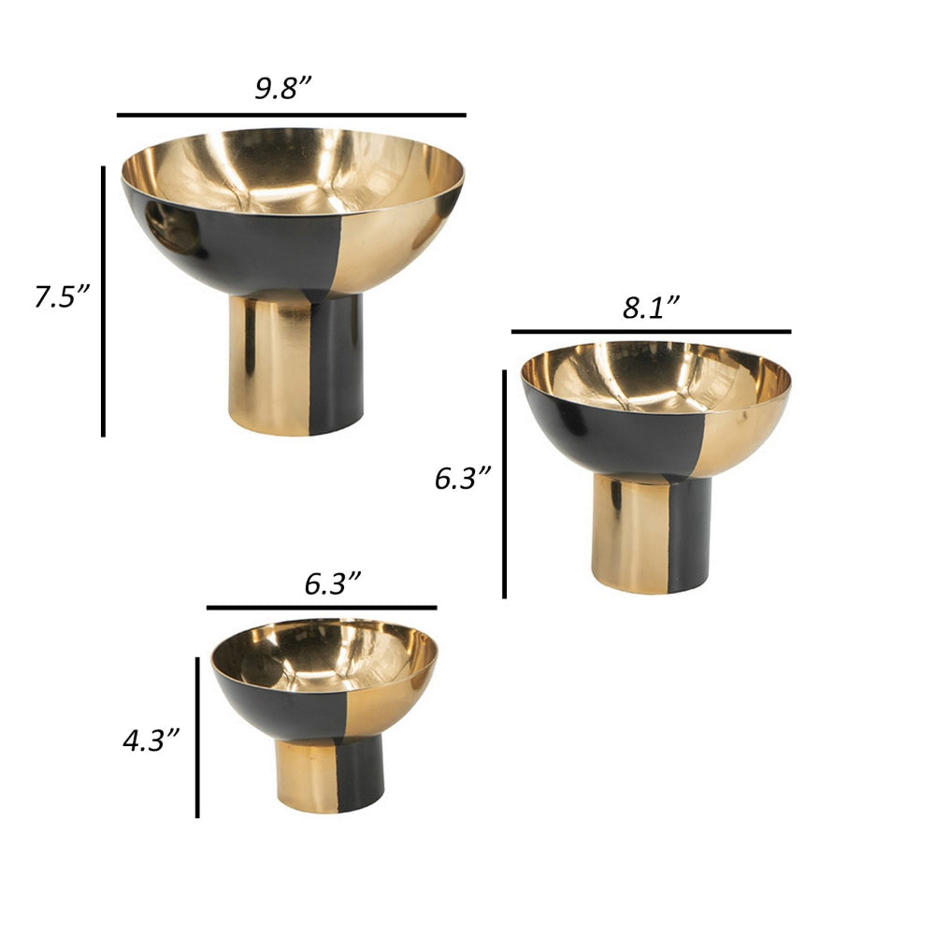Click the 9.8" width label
tap(283, 89)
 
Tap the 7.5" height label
tap(62, 297)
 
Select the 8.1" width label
tap(651, 309)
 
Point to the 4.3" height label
tap(151, 741)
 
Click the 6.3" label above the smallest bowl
tap(333, 585)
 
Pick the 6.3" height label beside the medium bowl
tap(463, 479)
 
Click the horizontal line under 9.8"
tap(291, 115)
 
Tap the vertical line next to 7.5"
tap(103, 299)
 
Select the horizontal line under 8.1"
tap(651, 331)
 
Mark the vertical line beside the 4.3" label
tap(197, 737)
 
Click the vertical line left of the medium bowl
tap(504, 483)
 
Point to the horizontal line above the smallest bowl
tap(322, 608)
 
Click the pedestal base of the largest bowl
tap(295, 365)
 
